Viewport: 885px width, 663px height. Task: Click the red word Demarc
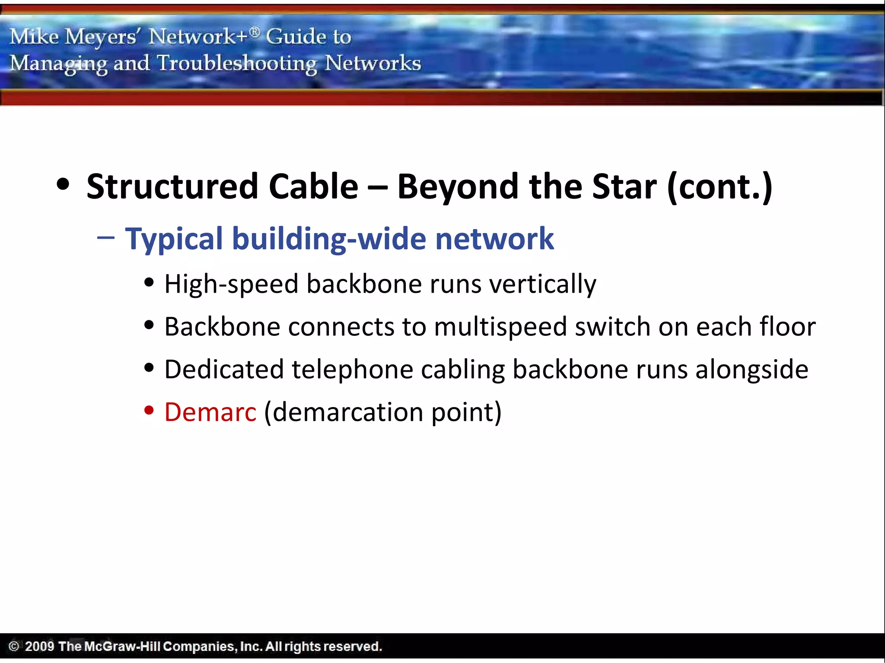(210, 412)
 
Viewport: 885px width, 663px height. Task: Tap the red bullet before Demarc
(149, 410)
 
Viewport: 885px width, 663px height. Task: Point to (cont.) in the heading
(720, 186)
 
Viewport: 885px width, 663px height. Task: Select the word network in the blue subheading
(494, 239)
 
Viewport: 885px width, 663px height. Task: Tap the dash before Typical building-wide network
(106, 237)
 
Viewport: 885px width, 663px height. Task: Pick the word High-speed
(231, 284)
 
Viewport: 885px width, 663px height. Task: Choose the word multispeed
(500, 327)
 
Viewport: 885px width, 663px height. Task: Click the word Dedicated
(223, 369)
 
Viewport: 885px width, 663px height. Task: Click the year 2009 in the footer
(39, 646)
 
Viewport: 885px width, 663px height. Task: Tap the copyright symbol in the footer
(14, 646)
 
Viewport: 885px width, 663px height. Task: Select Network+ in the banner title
(198, 36)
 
